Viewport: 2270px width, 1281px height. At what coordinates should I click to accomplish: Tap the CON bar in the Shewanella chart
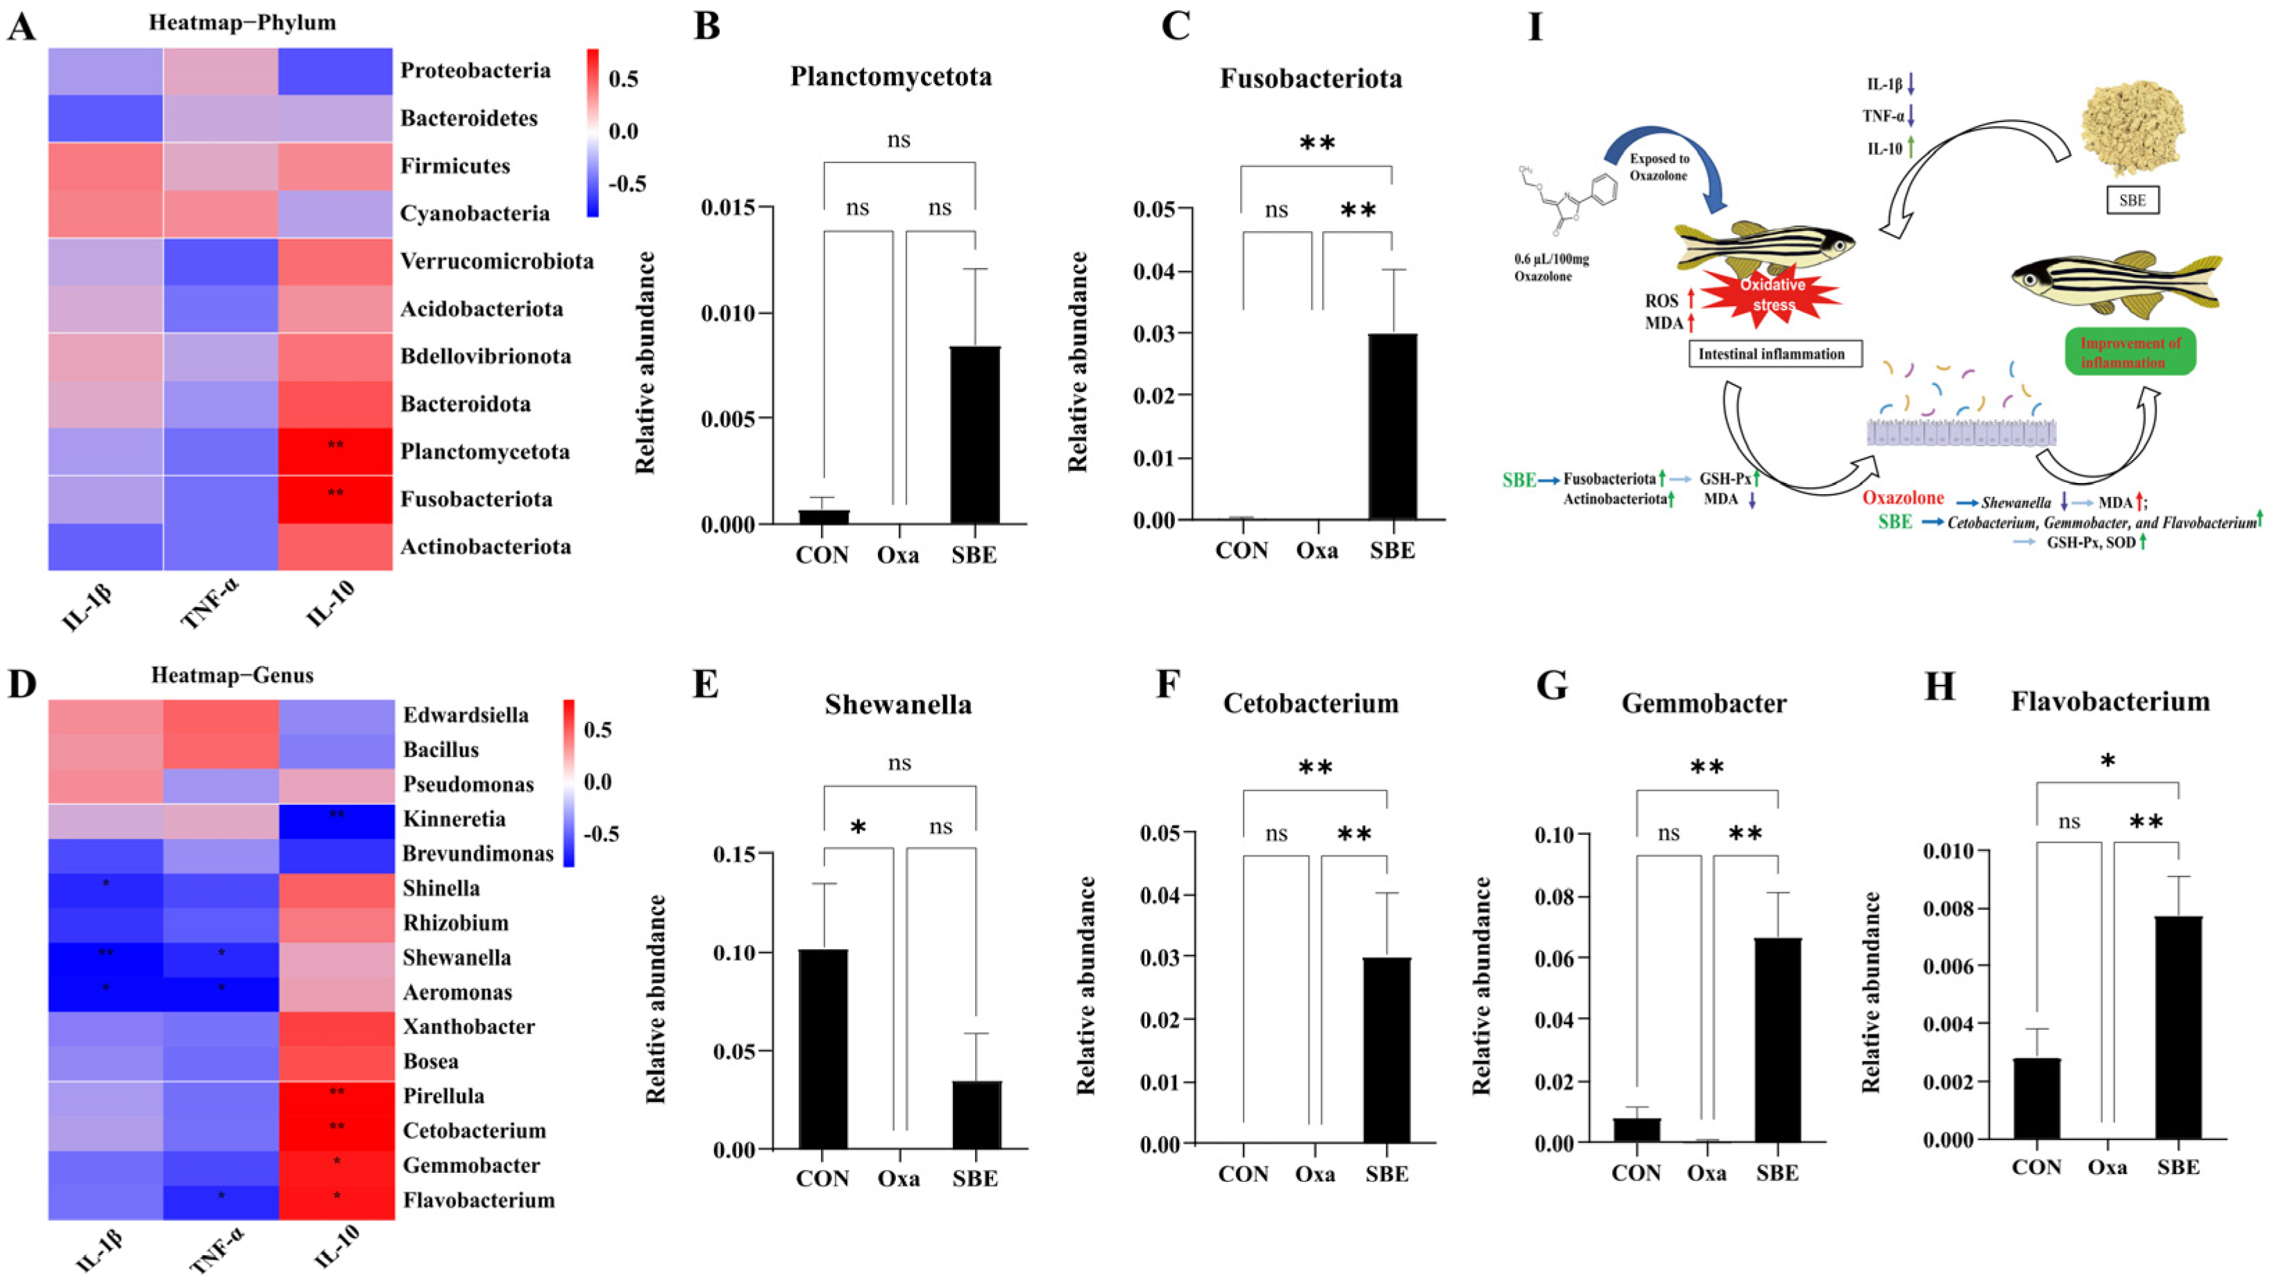click(x=823, y=1049)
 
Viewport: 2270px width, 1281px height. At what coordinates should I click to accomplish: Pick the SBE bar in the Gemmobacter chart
click(x=1777, y=1040)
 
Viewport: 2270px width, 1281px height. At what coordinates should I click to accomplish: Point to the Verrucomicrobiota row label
click(x=496, y=261)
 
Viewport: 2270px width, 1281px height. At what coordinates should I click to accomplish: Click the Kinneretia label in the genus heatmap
click(x=454, y=820)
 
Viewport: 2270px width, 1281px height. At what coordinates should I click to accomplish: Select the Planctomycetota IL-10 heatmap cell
click(x=335, y=451)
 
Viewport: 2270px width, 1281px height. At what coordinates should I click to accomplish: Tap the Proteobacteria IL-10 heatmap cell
click(x=335, y=71)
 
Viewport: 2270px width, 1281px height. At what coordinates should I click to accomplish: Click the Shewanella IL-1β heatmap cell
click(x=105, y=958)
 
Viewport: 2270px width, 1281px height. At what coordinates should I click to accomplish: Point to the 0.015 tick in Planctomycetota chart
click(x=731, y=208)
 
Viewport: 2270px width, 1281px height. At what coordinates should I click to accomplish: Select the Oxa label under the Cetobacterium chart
click(x=1315, y=1173)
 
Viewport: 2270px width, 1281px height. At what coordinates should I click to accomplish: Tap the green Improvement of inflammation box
click(x=2130, y=353)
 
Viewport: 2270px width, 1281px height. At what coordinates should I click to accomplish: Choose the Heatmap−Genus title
click(x=232, y=676)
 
